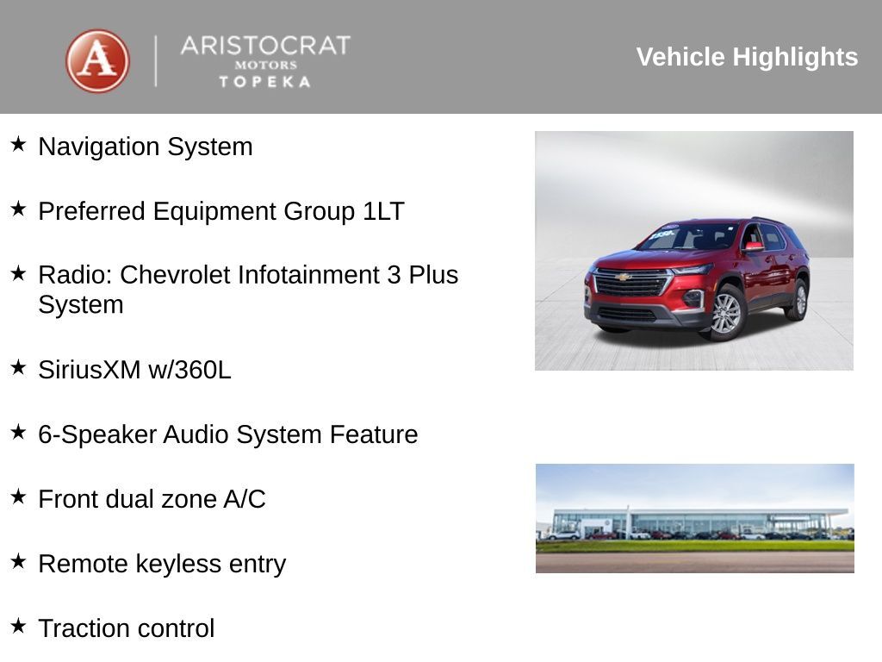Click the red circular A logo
point(97,61)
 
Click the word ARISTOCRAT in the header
point(265,46)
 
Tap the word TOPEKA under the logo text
point(264,82)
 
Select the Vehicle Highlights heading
point(747,57)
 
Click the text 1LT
point(383,211)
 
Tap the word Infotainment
point(303,275)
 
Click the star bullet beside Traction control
point(18,625)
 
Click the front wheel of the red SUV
point(726,313)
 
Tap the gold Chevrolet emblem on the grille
point(624,278)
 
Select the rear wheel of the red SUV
point(800,299)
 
